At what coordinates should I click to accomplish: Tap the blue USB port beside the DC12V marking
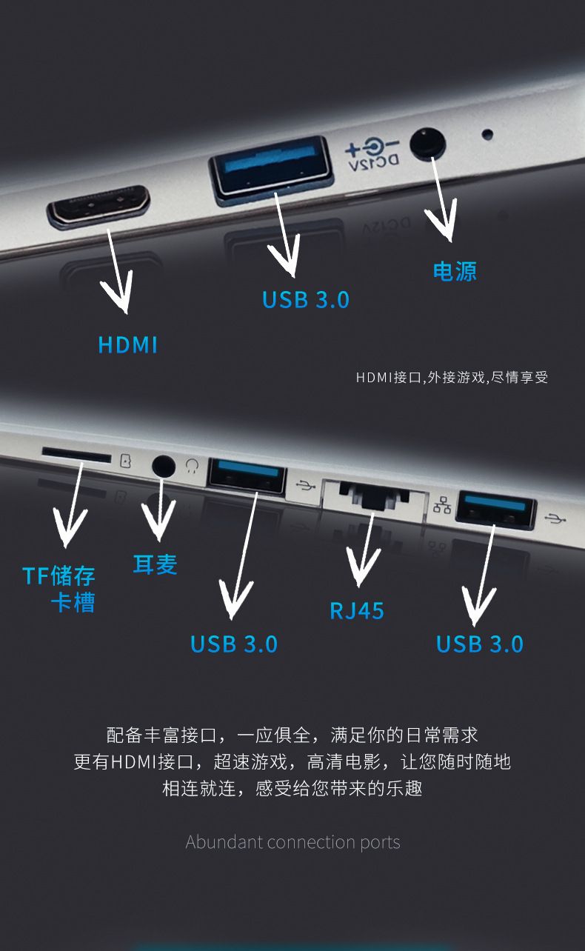tap(271, 169)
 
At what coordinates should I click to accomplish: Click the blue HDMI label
tap(128, 344)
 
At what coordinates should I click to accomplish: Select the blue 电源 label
tap(455, 271)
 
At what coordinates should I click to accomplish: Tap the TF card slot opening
tap(76, 454)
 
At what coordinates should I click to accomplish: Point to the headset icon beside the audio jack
tap(193, 466)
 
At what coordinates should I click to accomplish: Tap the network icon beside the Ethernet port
tap(442, 505)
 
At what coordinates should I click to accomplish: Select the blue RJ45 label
tap(357, 611)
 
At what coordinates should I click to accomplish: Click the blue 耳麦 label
tap(155, 564)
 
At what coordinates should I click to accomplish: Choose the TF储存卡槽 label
tap(59, 590)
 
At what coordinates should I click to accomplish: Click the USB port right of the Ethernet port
tap(495, 510)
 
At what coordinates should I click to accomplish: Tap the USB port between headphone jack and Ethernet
tap(247, 476)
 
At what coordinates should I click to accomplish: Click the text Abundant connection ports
tap(292, 842)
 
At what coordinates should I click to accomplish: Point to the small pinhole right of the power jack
tap(488, 134)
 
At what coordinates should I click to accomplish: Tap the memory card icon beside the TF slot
tap(126, 461)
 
